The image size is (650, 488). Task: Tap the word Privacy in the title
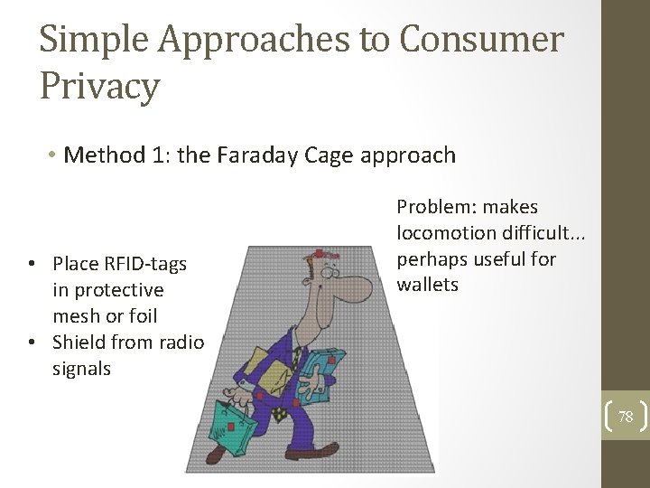click(99, 87)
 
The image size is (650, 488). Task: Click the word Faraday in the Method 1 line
click(263, 155)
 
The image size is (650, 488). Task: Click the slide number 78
click(626, 417)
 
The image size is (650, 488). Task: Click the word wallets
click(428, 285)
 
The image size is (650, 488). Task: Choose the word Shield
click(79, 343)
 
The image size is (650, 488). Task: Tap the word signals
click(81, 369)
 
